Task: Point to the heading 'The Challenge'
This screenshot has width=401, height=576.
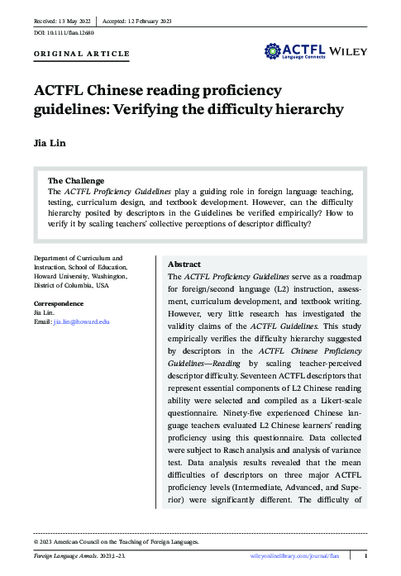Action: [76, 180]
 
